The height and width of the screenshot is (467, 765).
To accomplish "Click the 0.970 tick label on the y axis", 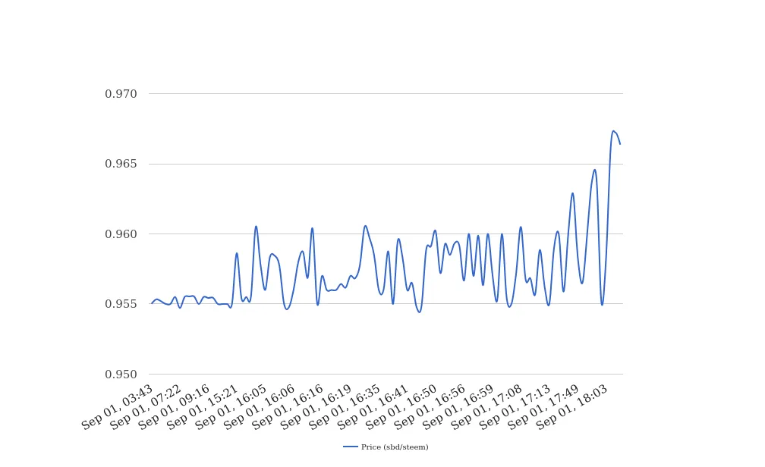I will click(121, 94).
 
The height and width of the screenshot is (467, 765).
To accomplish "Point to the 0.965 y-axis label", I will click(121, 164).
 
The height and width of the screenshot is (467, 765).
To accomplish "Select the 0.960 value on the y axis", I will click(121, 234).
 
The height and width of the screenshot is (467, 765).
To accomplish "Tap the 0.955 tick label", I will click(121, 304).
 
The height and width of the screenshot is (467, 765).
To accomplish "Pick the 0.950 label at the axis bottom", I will click(121, 375).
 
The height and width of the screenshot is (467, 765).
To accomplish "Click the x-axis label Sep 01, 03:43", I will click(118, 407).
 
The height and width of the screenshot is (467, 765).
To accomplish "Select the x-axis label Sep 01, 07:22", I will click(146, 407).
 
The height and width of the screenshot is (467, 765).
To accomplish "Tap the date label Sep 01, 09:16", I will click(175, 407).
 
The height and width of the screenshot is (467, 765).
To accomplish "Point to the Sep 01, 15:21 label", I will click(203, 407).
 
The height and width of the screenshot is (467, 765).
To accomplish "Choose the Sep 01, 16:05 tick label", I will click(232, 407).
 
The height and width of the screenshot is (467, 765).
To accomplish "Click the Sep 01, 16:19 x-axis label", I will click(317, 407).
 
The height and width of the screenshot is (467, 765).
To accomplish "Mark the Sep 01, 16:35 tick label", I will click(346, 407).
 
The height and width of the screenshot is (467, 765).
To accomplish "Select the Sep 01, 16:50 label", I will click(403, 407).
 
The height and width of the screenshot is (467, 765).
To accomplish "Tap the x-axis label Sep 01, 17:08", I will click(488, 407).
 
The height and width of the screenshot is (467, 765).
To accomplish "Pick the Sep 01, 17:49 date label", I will click(545, 407).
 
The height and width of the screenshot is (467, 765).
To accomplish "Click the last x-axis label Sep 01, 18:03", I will click(573, 407).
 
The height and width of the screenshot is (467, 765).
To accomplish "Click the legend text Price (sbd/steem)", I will click(395, 447).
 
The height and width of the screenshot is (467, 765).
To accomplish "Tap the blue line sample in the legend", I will click(351, 447).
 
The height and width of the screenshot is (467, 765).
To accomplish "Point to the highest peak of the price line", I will click(613, 131).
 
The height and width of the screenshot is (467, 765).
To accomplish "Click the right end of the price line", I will click(620, 144).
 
